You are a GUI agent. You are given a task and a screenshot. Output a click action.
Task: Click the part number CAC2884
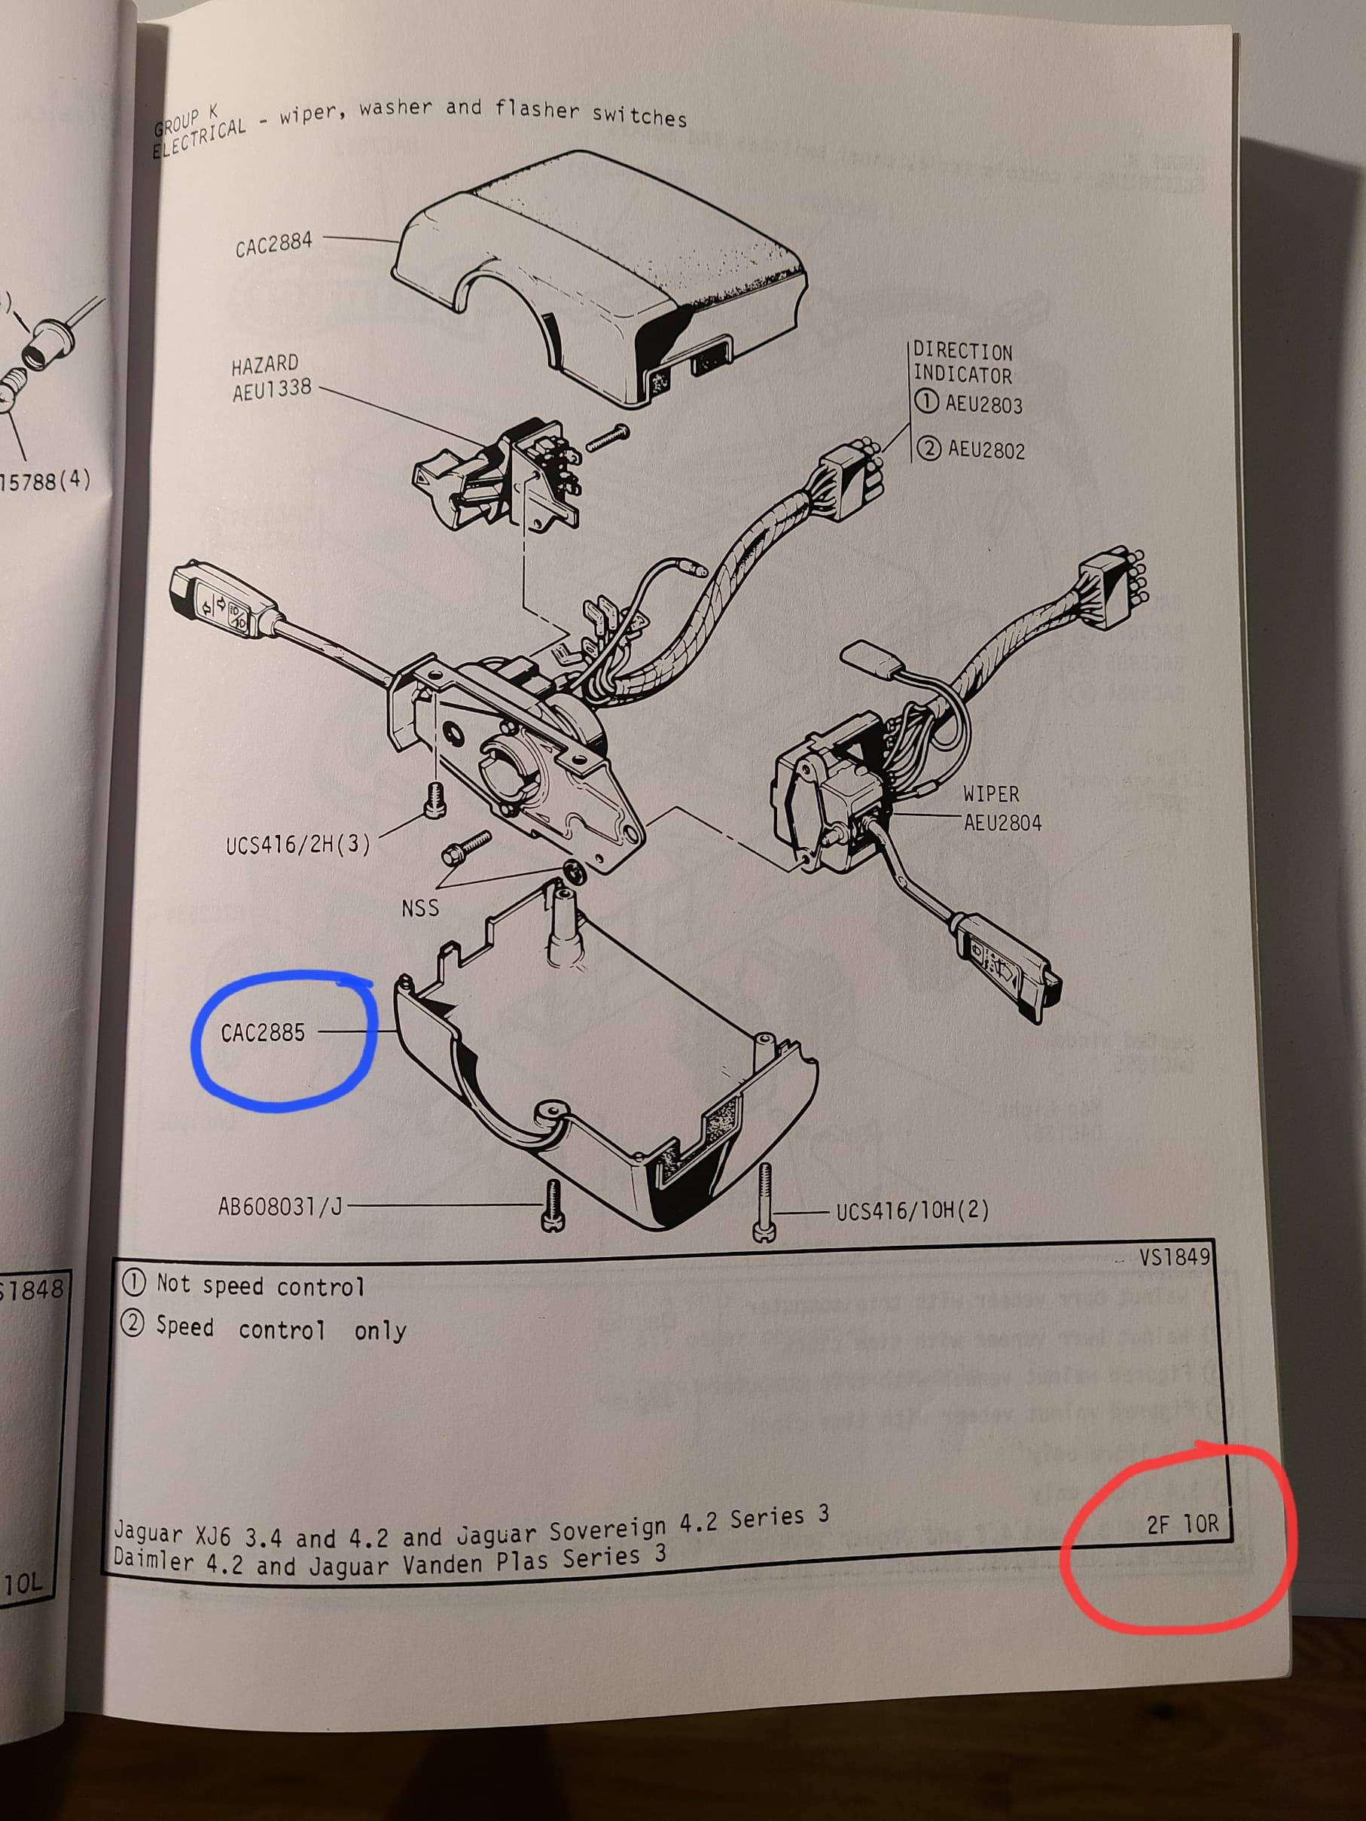coord(273,245)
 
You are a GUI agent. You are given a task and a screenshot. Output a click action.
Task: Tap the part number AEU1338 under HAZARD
coord(272,389)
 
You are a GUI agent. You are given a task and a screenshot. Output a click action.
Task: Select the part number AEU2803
coord(983,404)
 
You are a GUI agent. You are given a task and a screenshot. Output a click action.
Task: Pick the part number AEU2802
coord(986,449)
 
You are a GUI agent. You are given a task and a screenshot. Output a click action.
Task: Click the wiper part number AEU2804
coord(1002,822)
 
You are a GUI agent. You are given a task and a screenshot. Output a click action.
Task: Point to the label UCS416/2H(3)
coord(298,845)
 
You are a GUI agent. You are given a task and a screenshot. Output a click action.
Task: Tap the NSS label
coord(420,908)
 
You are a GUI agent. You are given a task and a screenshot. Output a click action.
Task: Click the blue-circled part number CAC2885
coord(263,1032)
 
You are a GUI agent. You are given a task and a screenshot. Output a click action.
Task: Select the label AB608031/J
coord(280,1207)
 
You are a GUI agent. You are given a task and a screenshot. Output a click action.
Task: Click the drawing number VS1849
coord(1174,1257)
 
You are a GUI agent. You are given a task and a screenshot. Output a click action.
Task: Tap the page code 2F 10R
coord(1182,1524)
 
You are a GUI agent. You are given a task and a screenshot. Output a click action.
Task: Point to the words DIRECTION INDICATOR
coord(962,363)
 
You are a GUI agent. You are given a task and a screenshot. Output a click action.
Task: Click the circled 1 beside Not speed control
coord(133,1282)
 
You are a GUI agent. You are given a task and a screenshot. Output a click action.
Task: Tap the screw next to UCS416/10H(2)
coord(765,1201)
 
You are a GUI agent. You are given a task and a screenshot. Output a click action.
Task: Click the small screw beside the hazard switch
coord(608,437)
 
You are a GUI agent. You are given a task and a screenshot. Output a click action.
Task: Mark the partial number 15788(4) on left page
coord(45,481)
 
